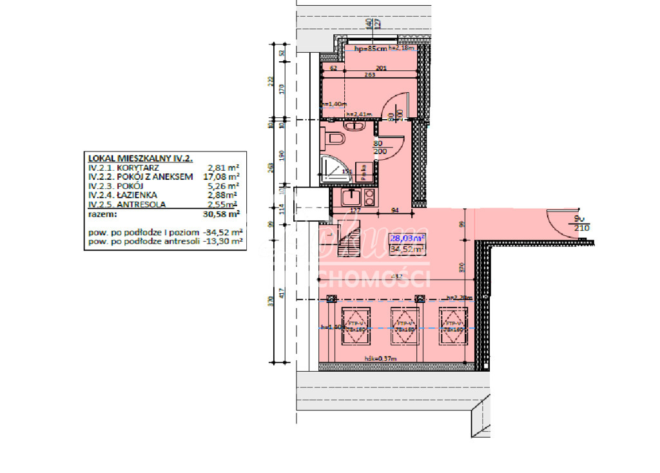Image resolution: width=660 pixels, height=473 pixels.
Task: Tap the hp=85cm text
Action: pyautogui.click(x=371, y=48)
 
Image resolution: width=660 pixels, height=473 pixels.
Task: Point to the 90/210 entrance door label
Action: pyautogui.click(x=581, y=224)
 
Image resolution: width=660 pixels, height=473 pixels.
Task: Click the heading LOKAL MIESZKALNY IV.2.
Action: pyautogui.click(x=140, y=157)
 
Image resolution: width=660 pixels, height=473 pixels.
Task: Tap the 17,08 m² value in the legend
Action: pyautogui.click(x=220, y=176)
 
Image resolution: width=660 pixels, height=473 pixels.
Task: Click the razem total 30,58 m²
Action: pyautogui.click(x=220, y=214)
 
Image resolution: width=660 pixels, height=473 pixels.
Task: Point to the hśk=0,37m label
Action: pyautogui.click(x=380, y=358)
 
